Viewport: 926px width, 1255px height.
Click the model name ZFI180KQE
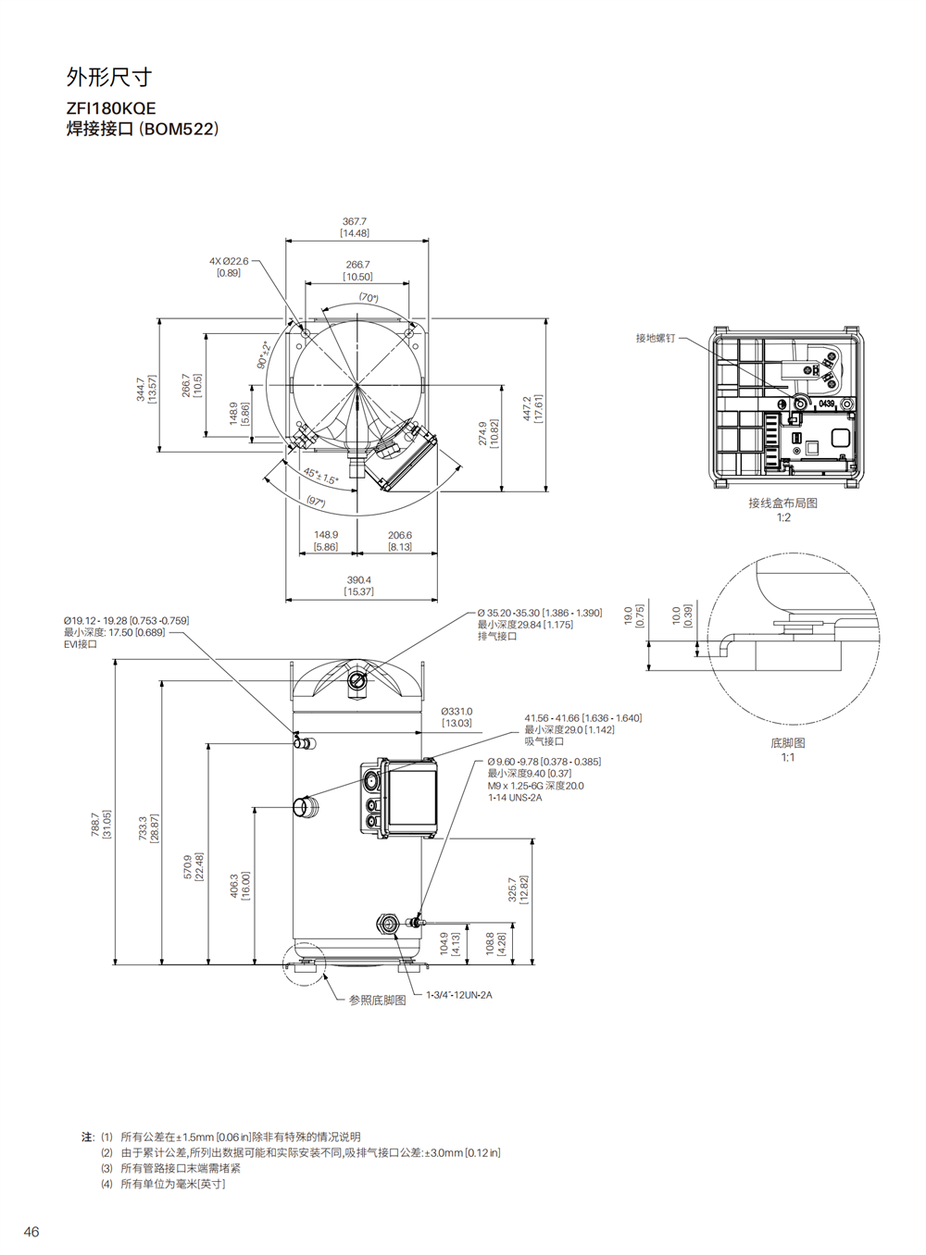(111, 107)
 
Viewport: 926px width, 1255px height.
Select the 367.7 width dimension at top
(355, 222)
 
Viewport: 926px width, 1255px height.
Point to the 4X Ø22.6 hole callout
(229, 261)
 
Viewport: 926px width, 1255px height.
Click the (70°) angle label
(369, 298)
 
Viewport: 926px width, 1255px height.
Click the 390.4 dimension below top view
(358, 580)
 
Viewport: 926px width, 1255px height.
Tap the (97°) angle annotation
(316, 501)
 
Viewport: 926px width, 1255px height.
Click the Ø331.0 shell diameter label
(457, 712)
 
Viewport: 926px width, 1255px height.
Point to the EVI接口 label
(81, 644)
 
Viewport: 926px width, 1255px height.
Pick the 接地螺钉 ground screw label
(656, 339)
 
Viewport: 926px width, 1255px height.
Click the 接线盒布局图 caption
(783, 503)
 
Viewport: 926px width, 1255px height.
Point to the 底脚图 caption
(787, 743)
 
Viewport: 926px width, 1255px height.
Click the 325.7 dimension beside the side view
(512, 889)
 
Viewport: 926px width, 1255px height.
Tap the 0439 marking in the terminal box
(826, 404)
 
